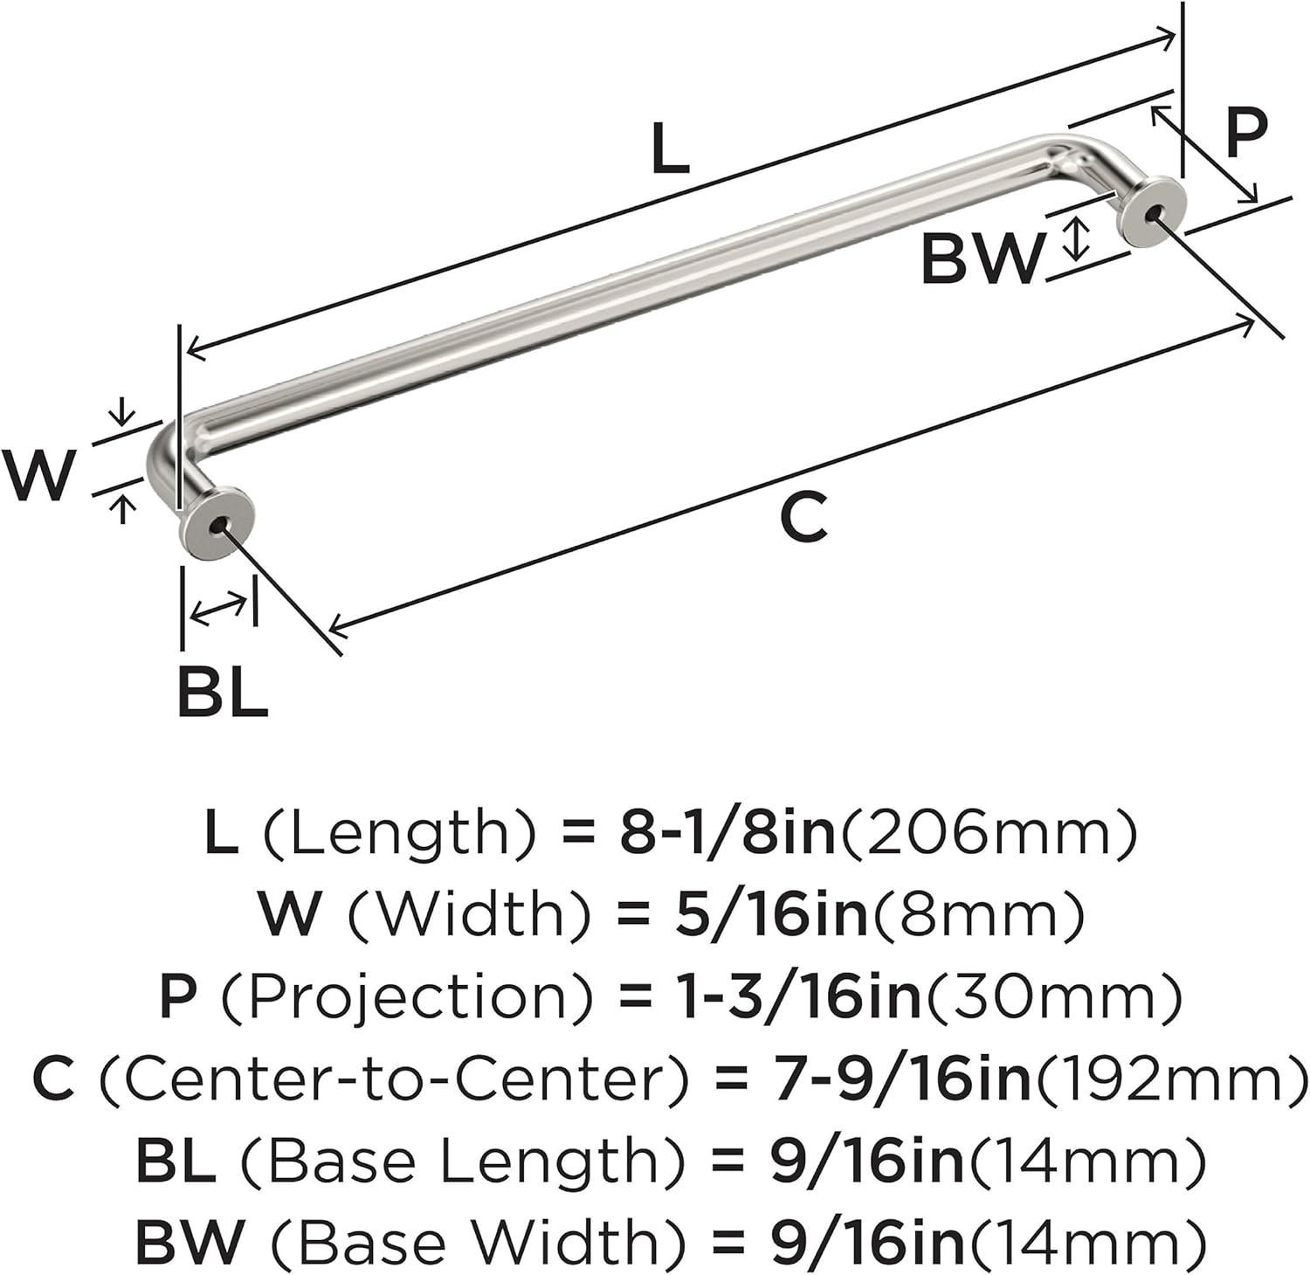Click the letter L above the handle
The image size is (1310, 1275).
(x=670, y=149)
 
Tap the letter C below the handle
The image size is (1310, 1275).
(x=803, y=518)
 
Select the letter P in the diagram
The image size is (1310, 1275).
(x=1244, y=134)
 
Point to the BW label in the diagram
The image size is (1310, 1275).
(x=982, y=259)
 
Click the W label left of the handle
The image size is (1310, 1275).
(x=39, y=474)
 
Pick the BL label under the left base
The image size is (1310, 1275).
(x=222, y=692)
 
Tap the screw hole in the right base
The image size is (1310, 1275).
(x=1156, y=212)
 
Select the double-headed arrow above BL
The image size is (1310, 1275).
(x=218, y=608)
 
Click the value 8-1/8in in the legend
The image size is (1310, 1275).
(x=727, y=833)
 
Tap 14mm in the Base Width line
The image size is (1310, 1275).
(x=1086, y=1243)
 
